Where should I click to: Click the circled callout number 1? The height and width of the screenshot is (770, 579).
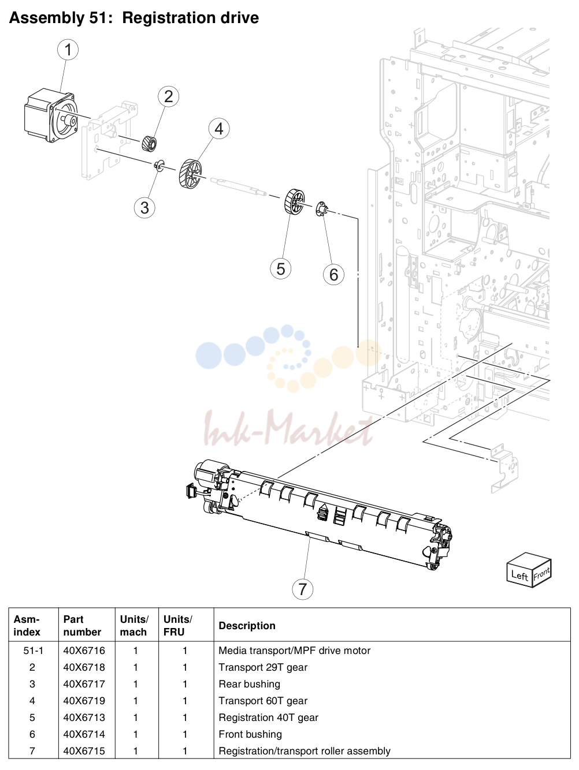pos(68,50)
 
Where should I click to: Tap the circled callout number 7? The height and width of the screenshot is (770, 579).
pos(302,589)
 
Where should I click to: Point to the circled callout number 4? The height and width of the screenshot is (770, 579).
pos(219,128)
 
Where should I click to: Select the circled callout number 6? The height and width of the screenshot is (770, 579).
pos(333,274)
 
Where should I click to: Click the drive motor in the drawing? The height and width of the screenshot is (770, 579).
pos(50,116)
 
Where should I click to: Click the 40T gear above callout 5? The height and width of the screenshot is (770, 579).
pos(294,201)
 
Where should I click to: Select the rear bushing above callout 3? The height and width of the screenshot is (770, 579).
pos(159,165)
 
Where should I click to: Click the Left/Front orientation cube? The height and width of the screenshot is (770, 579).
pos(529,570)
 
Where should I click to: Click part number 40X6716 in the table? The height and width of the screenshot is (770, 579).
pos(84,651)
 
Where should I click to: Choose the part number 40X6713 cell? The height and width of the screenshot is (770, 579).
pos(84,717)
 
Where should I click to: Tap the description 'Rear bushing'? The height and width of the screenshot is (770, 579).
pos(249,683)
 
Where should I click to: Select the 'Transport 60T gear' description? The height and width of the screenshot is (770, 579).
pos(263,701)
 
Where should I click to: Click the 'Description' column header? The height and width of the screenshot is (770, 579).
pos(247,626)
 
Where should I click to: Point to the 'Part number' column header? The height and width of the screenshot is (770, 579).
pos(82,626)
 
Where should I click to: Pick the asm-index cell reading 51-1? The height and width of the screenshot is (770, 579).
pos(34,651)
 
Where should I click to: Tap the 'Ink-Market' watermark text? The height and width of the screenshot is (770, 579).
pos(288,428)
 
